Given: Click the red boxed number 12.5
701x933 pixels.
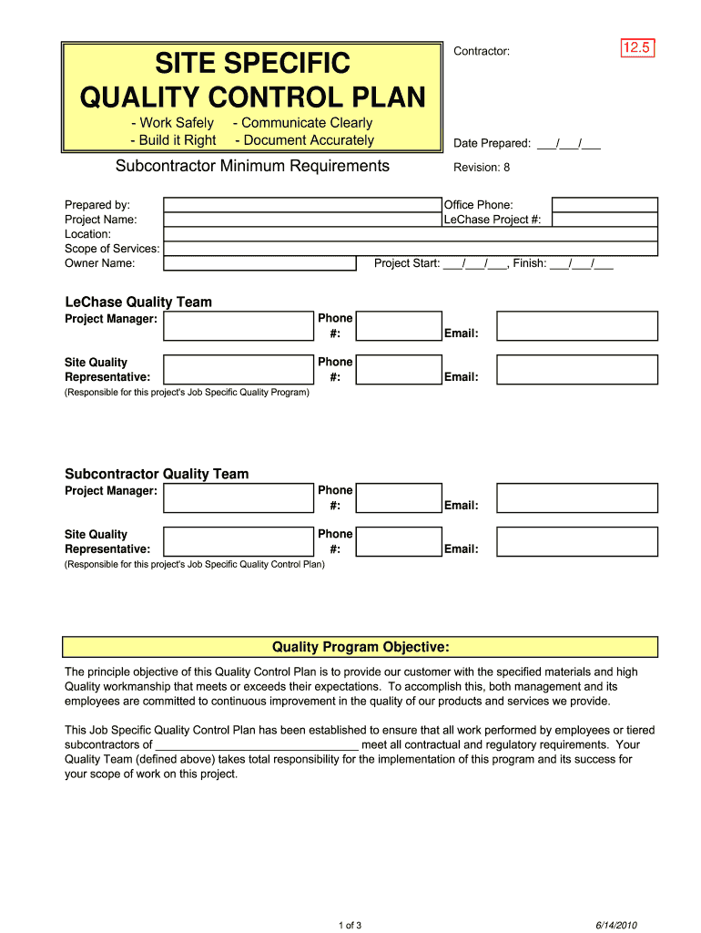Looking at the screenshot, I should (x=637, y=48).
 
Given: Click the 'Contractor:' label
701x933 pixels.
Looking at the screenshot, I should (x=482, y=52).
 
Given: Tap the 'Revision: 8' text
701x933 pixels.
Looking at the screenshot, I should (x=482, y=168).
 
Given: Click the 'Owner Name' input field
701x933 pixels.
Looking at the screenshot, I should (x=259, y=263).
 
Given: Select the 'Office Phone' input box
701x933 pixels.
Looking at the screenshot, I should (x=604, y=205).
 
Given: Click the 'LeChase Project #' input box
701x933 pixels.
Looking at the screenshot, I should (x=604, y=220).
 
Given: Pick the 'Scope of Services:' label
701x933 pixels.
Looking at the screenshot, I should (x=112, y=249).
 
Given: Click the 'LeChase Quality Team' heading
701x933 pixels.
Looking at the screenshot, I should (x=138, y=302).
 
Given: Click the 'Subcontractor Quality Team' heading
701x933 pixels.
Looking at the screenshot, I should (x=157, y=475).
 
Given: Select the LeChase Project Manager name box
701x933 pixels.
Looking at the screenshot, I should (x=239, y=325).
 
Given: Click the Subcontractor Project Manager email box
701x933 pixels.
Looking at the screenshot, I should (x=577, y=498).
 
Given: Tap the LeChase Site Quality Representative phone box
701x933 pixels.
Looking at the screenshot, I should (x=398, y=369).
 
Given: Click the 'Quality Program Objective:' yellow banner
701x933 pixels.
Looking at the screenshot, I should (x=361, y=648).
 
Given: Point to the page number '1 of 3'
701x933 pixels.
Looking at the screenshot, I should (x=350, y=927).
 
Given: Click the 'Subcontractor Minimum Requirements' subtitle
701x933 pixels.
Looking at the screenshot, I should (x=252, y=166).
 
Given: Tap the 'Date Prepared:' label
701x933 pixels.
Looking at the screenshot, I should (x=493, y=144).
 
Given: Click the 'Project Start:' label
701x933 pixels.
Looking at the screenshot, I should (x=407, y=264).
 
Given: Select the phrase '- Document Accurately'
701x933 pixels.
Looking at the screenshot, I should (x=304, y=140).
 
